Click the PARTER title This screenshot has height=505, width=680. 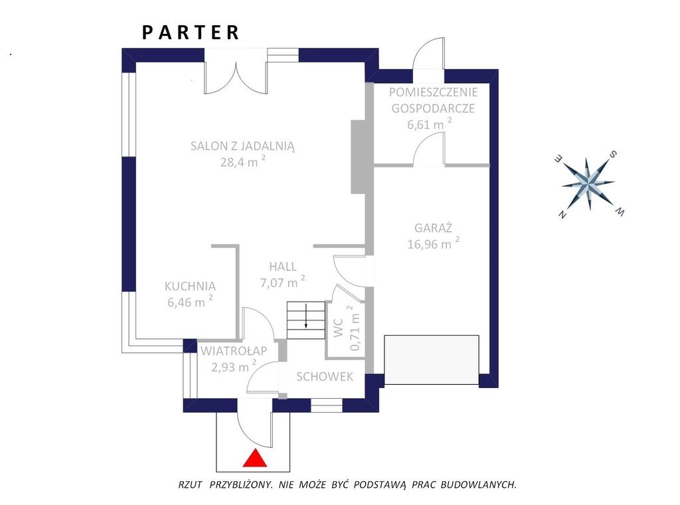coord(191,33)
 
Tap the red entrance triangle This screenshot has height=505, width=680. coord(254,458)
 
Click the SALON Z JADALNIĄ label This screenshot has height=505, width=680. coord(243,146)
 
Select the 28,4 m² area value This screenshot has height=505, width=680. coord(243,161)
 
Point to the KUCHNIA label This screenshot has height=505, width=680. coord(190,286)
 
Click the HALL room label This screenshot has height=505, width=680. coord(283,266)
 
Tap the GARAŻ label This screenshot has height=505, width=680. coord(433,228)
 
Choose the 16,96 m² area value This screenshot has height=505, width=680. coord(433,243)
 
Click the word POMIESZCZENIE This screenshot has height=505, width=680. coord(433,92)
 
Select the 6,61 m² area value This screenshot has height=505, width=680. coord(430,124)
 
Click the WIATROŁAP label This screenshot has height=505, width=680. coord(233,351)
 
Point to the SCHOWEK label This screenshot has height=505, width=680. coord(325,377)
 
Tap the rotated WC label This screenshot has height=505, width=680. coord(339,328)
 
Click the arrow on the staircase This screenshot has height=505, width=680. coord(305,316)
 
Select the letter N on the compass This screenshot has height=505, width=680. coord(562,215)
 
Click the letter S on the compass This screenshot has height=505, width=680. coord(613,154)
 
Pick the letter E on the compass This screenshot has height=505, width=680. coord(558,159)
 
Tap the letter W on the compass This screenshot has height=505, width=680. coord(620,211)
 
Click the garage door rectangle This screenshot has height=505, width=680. coord(432,359)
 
